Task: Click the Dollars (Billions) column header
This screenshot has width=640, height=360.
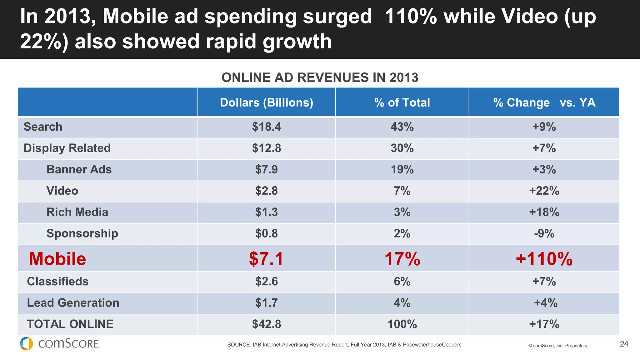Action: click(266, 102)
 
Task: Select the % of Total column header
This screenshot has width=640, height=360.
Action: click(402, 102)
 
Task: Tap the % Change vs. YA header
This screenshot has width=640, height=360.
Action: click(544, 102)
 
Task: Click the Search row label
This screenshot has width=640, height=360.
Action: click(43, 127)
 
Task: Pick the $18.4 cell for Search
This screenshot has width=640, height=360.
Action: click(266, 127)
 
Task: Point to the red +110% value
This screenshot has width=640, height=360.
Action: click(544, 259)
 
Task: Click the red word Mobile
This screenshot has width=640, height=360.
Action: click(57, 259)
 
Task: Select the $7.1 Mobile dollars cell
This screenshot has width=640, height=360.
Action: click(266, 259)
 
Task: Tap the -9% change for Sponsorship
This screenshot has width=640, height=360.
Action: click(544, 234)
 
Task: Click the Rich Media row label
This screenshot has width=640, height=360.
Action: click(77, 212)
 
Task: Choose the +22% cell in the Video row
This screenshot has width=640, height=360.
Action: click(544, 191)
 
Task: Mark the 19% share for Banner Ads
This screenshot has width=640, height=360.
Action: click(402, 170)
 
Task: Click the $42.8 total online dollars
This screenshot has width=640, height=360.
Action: click(266, 324)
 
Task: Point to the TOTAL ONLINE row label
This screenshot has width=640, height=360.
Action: click(70, 324)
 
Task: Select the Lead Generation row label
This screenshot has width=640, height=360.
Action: click(73, 303)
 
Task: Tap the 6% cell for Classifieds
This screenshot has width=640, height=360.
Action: click(402, 282)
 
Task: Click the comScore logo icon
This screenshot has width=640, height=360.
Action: click(26, 344)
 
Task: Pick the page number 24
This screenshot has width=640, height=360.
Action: click(624, 344)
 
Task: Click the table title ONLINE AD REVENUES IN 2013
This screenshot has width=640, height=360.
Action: click(320, 77)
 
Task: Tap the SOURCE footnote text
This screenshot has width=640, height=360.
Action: click(344, 345)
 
